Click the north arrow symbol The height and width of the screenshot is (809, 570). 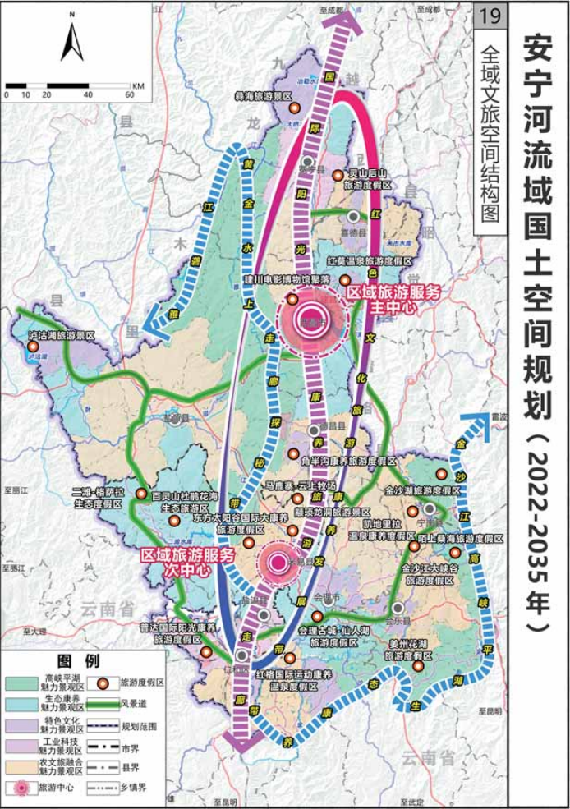pos(72,42)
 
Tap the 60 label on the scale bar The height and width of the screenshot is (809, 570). pos(130,94)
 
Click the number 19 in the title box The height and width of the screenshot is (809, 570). pos(491,16)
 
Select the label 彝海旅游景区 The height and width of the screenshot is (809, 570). pos(264,96)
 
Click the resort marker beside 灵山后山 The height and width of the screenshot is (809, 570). pos(338,174)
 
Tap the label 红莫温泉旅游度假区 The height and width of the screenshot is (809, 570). pos(369,260)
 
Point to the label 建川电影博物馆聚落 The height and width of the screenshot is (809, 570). pos(286,280)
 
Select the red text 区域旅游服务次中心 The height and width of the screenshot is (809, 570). pos(189,562)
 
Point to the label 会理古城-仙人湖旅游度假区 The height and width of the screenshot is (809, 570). pos(329,636)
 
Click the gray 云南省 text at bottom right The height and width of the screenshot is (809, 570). pos(428,757)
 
